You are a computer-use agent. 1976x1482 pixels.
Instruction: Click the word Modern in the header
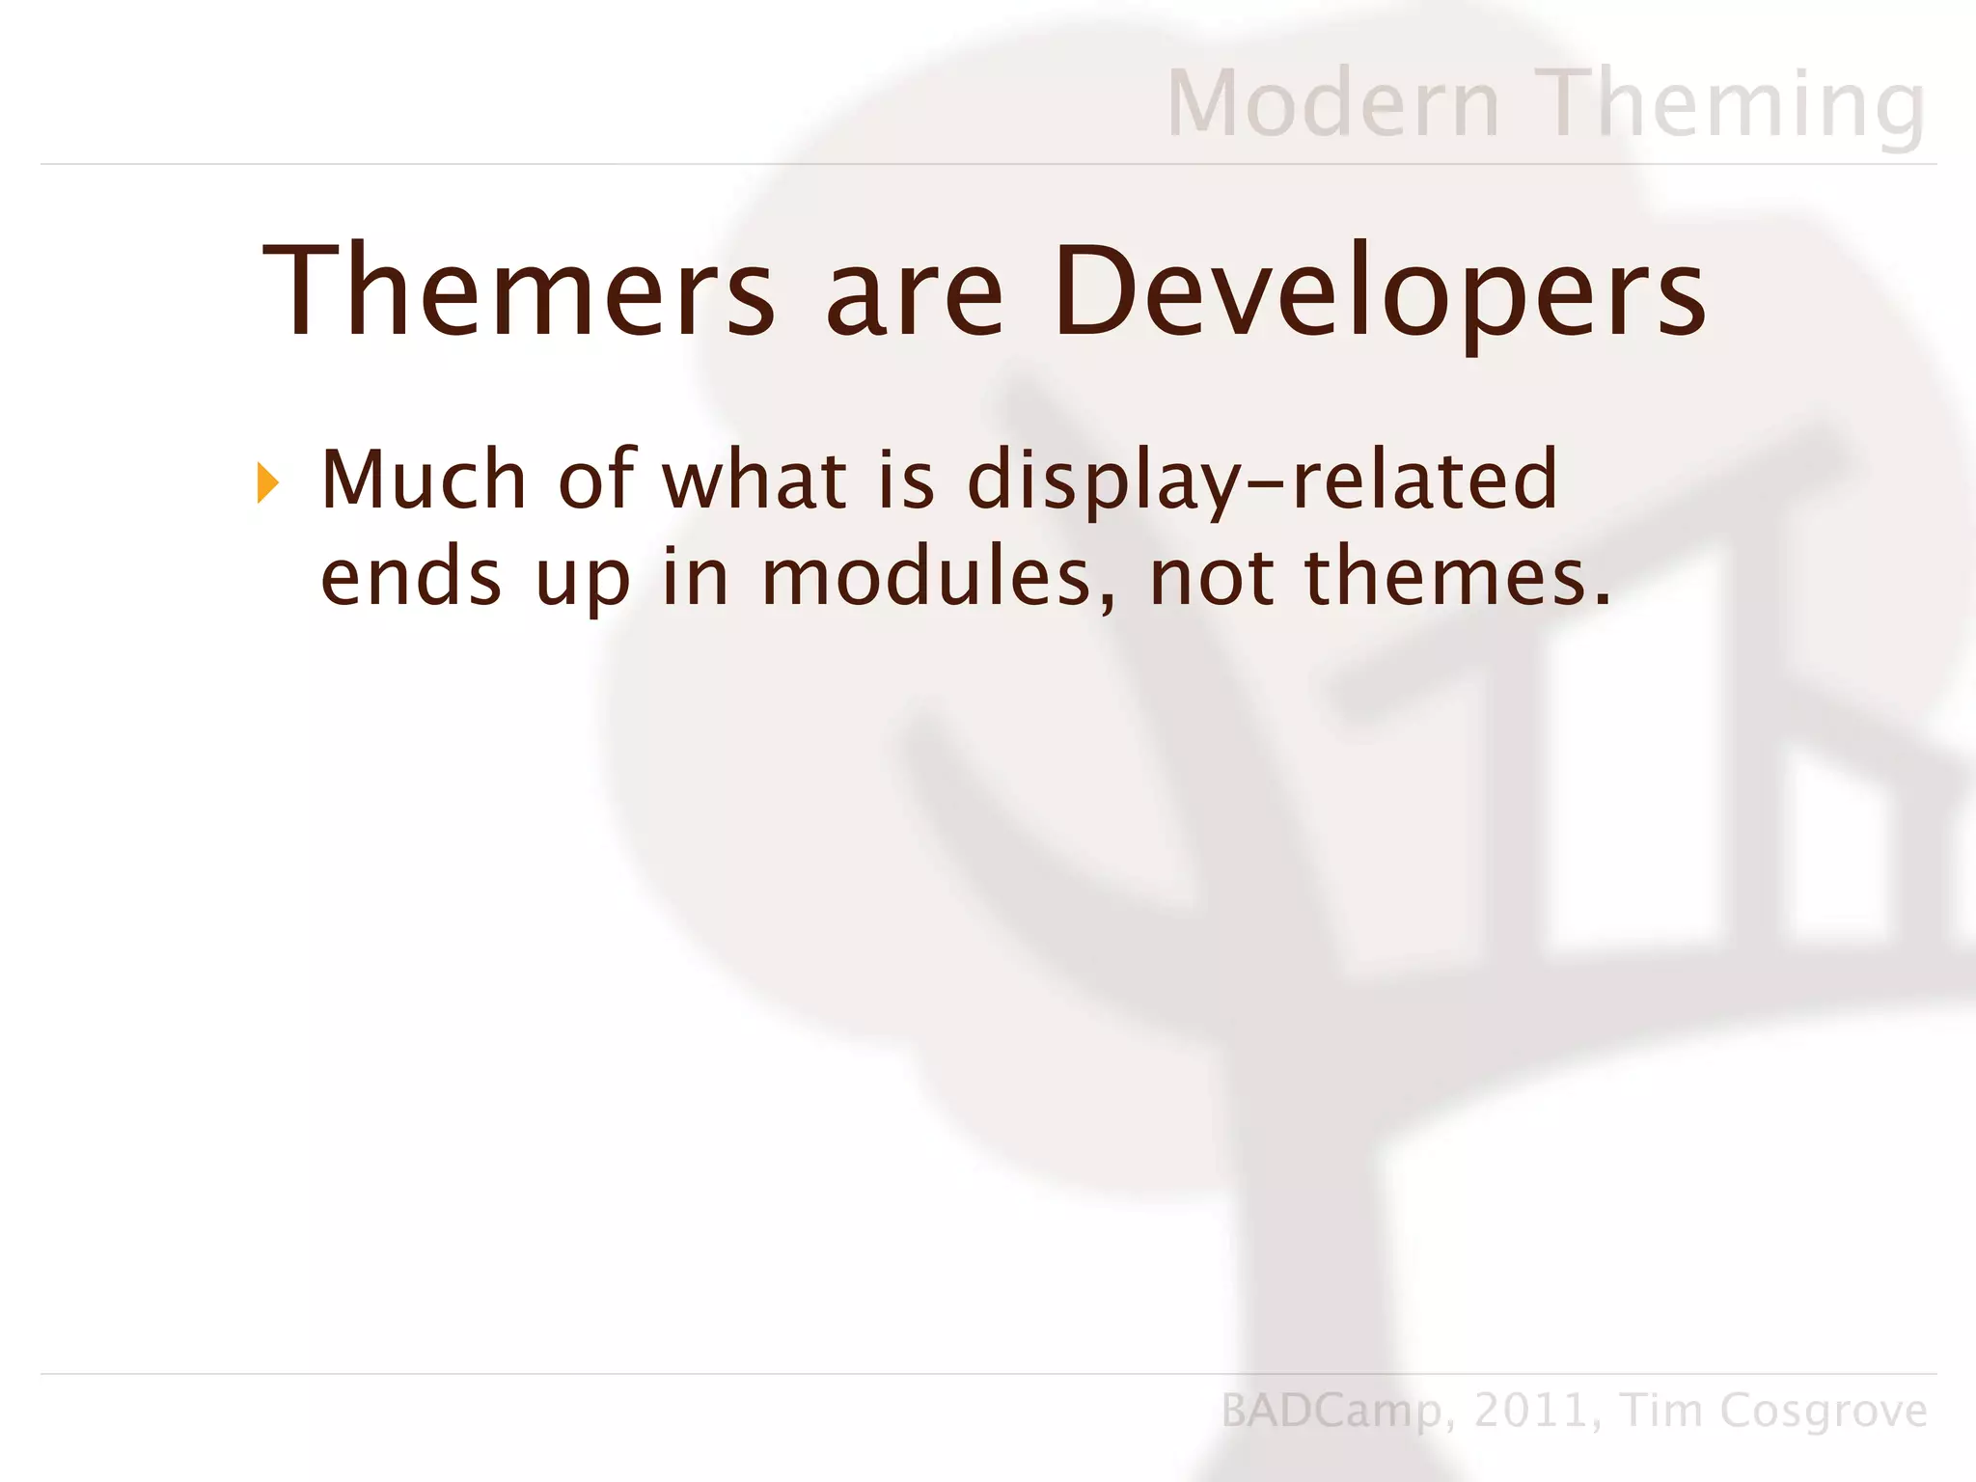point(1333,103)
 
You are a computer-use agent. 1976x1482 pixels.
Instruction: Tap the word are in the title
point(914,290)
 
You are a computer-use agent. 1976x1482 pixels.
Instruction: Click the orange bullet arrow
point(268,482)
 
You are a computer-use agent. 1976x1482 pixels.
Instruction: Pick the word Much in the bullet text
point(424,480)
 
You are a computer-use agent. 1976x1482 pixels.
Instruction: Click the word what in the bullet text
point(754,480)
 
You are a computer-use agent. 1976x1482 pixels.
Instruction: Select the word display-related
point(1263,480)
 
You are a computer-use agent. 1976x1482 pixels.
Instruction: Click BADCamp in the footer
point(1332,1411)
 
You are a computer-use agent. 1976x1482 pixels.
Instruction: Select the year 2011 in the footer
point(1531,1411)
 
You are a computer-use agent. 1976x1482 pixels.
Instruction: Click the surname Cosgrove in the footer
point(1824,1411)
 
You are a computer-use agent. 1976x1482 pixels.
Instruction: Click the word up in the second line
point(583,579)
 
